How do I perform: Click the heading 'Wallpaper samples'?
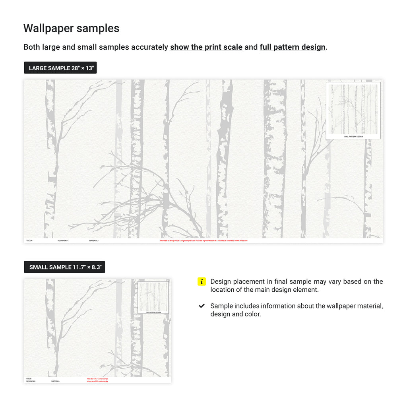[x=71, y=28]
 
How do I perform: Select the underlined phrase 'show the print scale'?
[x=206, y=47]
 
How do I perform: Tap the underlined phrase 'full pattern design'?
[x=293, y=47]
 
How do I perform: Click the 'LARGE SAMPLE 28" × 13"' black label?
[x=60, y=68]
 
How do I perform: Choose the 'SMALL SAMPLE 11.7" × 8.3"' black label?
[x=64, y=267]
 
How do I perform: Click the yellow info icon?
[x=202, y=282]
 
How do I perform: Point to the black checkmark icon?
[x=202, y=306]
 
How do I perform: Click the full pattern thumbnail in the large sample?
[x=353, y=109]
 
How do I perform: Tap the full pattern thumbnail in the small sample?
[x=153, y=297]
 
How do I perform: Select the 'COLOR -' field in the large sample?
[x=30, y=240]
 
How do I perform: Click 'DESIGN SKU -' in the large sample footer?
[x=63, y=240]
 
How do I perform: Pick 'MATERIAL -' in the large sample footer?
[x=94, y=240]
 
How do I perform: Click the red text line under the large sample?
[x=203, y=240]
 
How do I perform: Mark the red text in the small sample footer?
[x=97, y=380]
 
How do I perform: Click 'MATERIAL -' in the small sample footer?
[x=56, y=381]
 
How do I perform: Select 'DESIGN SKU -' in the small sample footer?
[x=31, y=381]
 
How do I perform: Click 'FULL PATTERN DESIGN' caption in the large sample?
[x=353, y=136]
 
